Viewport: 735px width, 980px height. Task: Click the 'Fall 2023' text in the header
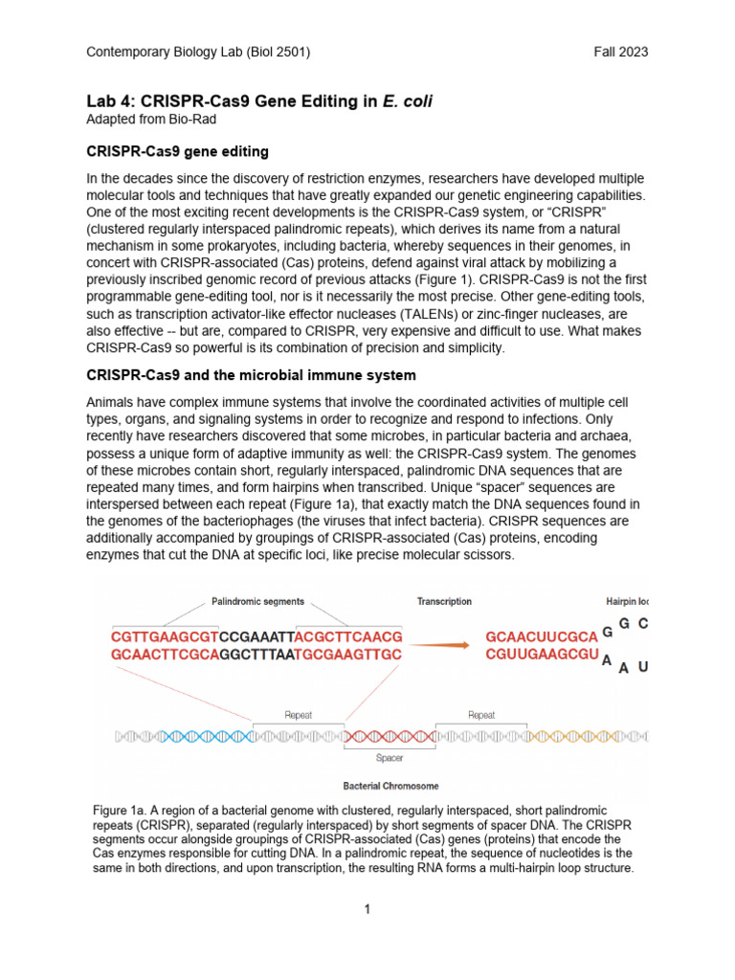[x=621, y=52]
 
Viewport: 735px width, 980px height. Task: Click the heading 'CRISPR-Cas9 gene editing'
[x=177, y=151]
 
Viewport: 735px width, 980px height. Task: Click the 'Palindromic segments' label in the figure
[x=257, y=602]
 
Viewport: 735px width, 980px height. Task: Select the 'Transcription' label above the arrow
[x=444, y=602]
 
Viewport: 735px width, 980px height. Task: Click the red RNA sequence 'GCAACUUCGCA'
[x=542, y=636]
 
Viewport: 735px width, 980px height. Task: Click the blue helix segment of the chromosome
[x=215, y=736]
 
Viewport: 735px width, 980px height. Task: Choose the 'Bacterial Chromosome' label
[x=391, y=787]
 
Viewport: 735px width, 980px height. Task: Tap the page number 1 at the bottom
[x=367, y=908]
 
